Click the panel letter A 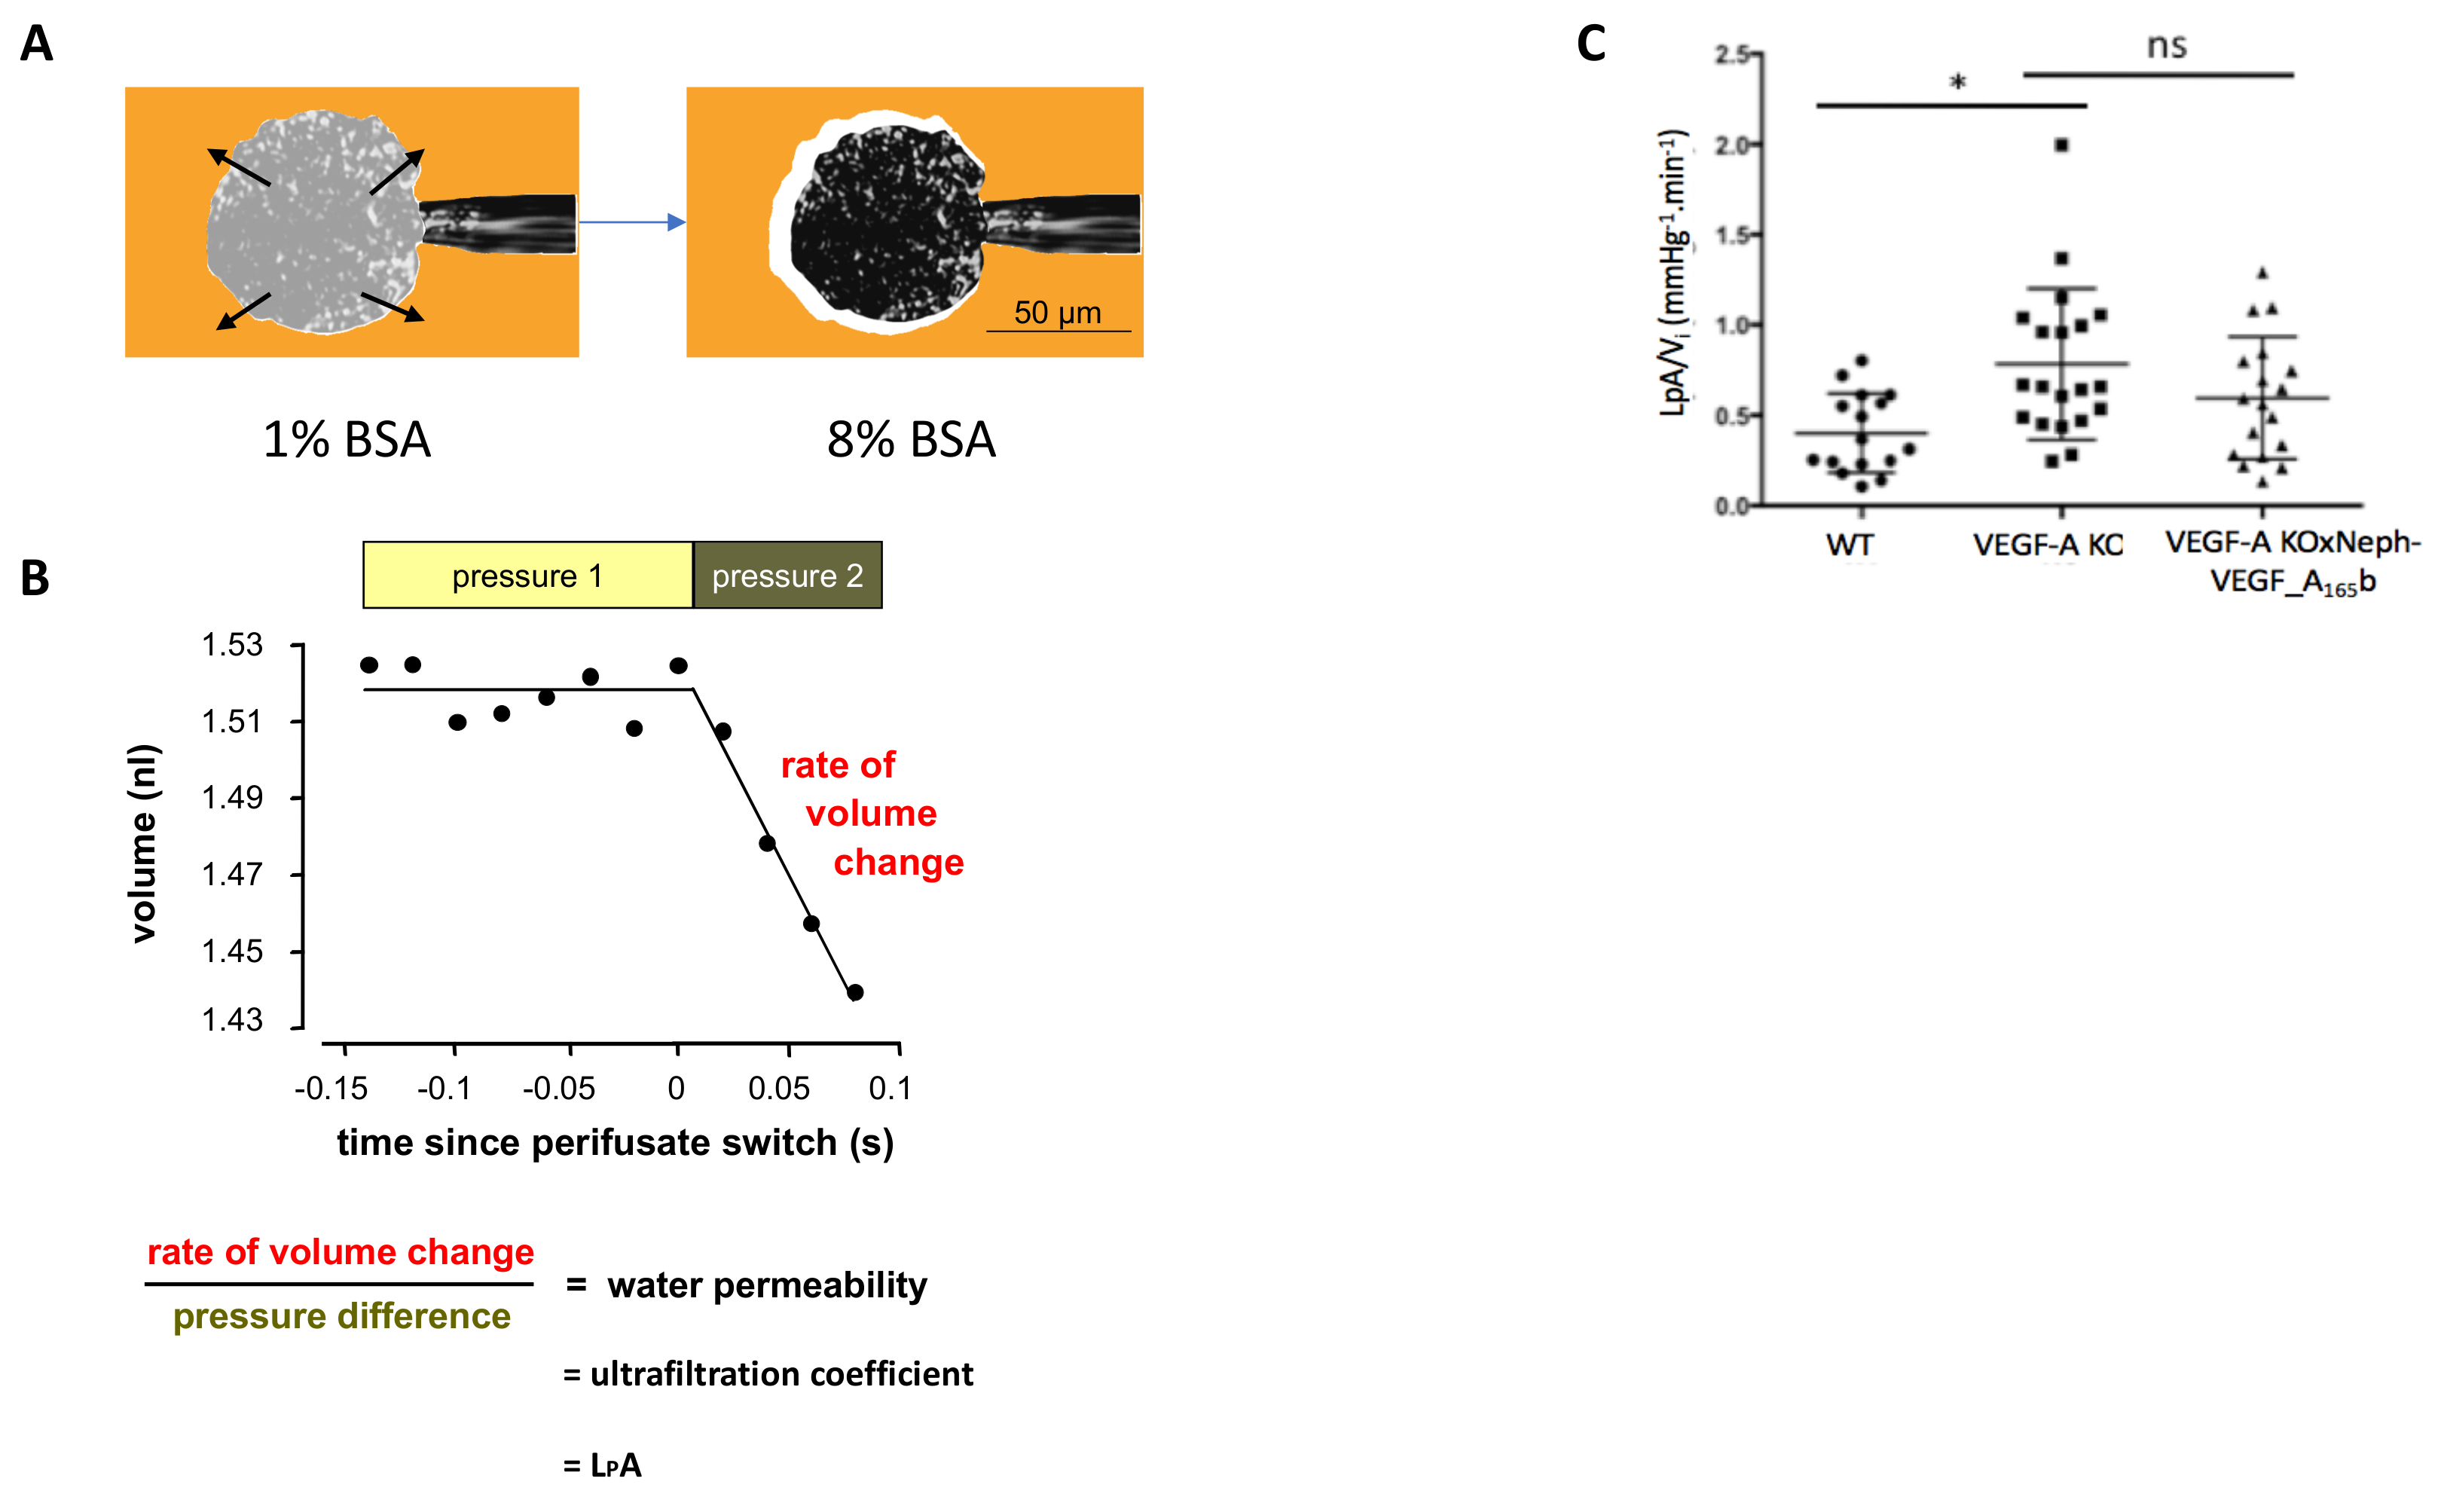(x=37, y=44)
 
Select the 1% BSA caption (x=347, y=439)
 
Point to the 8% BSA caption (x=910, y=439)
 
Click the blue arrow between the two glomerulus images (x=632, y=221)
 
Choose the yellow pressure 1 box (x=527, y=576)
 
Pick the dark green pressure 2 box (x=787, y=576)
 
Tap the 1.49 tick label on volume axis (x=233, y=797)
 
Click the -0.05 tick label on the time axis (x=558, y=1089)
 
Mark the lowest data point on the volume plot (x=855, y=992)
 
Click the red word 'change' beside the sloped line (x=899, y=862)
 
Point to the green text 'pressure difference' (x=342, y=1316)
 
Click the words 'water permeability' (x=767, y=1285)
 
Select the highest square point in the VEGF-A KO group (x=2062, y=145)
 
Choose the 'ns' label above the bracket (x=2167, y=47)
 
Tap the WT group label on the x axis (x=1850, y=545)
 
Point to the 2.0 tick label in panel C (x=1731, y=146)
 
